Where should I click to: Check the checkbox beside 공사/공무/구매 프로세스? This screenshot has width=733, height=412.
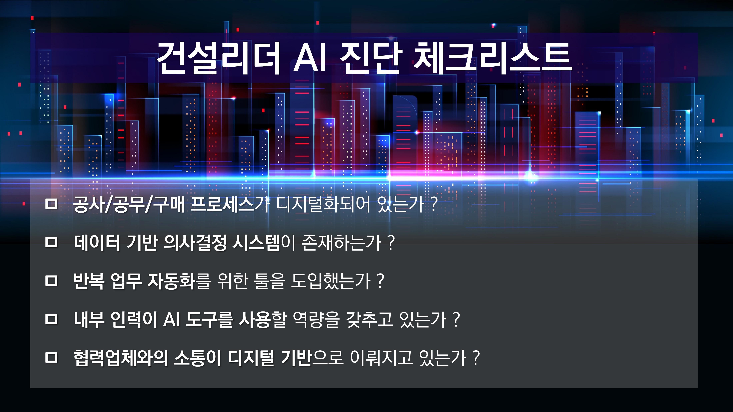(51, 204)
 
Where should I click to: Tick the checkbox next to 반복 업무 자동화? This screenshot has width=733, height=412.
(51, 281)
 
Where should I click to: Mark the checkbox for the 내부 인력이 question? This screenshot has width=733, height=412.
(51, 319)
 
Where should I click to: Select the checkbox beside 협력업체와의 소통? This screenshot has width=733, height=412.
(51, 357)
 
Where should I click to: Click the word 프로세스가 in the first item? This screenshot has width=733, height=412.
(230, 204)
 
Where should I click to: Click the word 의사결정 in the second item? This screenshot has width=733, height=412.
(195, 243)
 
